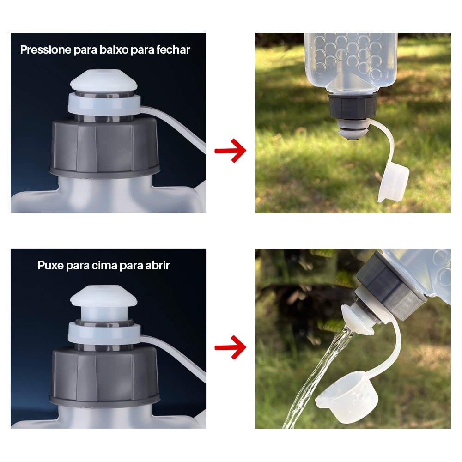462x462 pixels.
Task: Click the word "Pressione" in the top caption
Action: (46, 50)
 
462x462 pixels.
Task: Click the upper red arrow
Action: (230, 151)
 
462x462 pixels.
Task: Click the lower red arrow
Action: (230, 348)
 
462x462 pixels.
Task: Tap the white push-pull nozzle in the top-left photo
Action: (103, 79)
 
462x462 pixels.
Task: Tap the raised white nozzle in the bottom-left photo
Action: (103, 303)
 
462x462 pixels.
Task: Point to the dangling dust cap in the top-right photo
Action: (394, 182)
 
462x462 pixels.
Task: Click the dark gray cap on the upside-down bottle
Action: (353, 106)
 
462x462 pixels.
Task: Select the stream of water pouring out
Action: (317, 380)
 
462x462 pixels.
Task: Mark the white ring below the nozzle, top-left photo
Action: (103, 103)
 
